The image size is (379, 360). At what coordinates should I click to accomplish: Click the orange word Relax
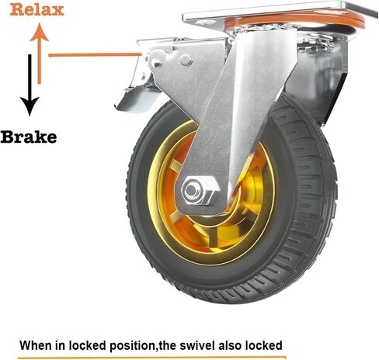[37, 10]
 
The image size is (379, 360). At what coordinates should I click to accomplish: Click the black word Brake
[29, 137]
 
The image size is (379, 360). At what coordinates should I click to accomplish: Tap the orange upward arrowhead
[40, 32]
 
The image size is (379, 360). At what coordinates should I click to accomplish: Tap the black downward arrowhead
[30, 106]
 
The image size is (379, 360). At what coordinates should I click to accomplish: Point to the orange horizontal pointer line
[95, 55]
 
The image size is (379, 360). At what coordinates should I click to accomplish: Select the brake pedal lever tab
[134, 99]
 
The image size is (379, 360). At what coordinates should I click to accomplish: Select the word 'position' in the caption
[133, 346]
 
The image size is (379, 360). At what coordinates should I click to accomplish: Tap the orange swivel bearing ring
[294, 20]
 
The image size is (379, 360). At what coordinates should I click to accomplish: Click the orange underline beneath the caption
[151, 358]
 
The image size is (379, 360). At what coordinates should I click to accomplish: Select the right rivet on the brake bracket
[186, 61]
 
